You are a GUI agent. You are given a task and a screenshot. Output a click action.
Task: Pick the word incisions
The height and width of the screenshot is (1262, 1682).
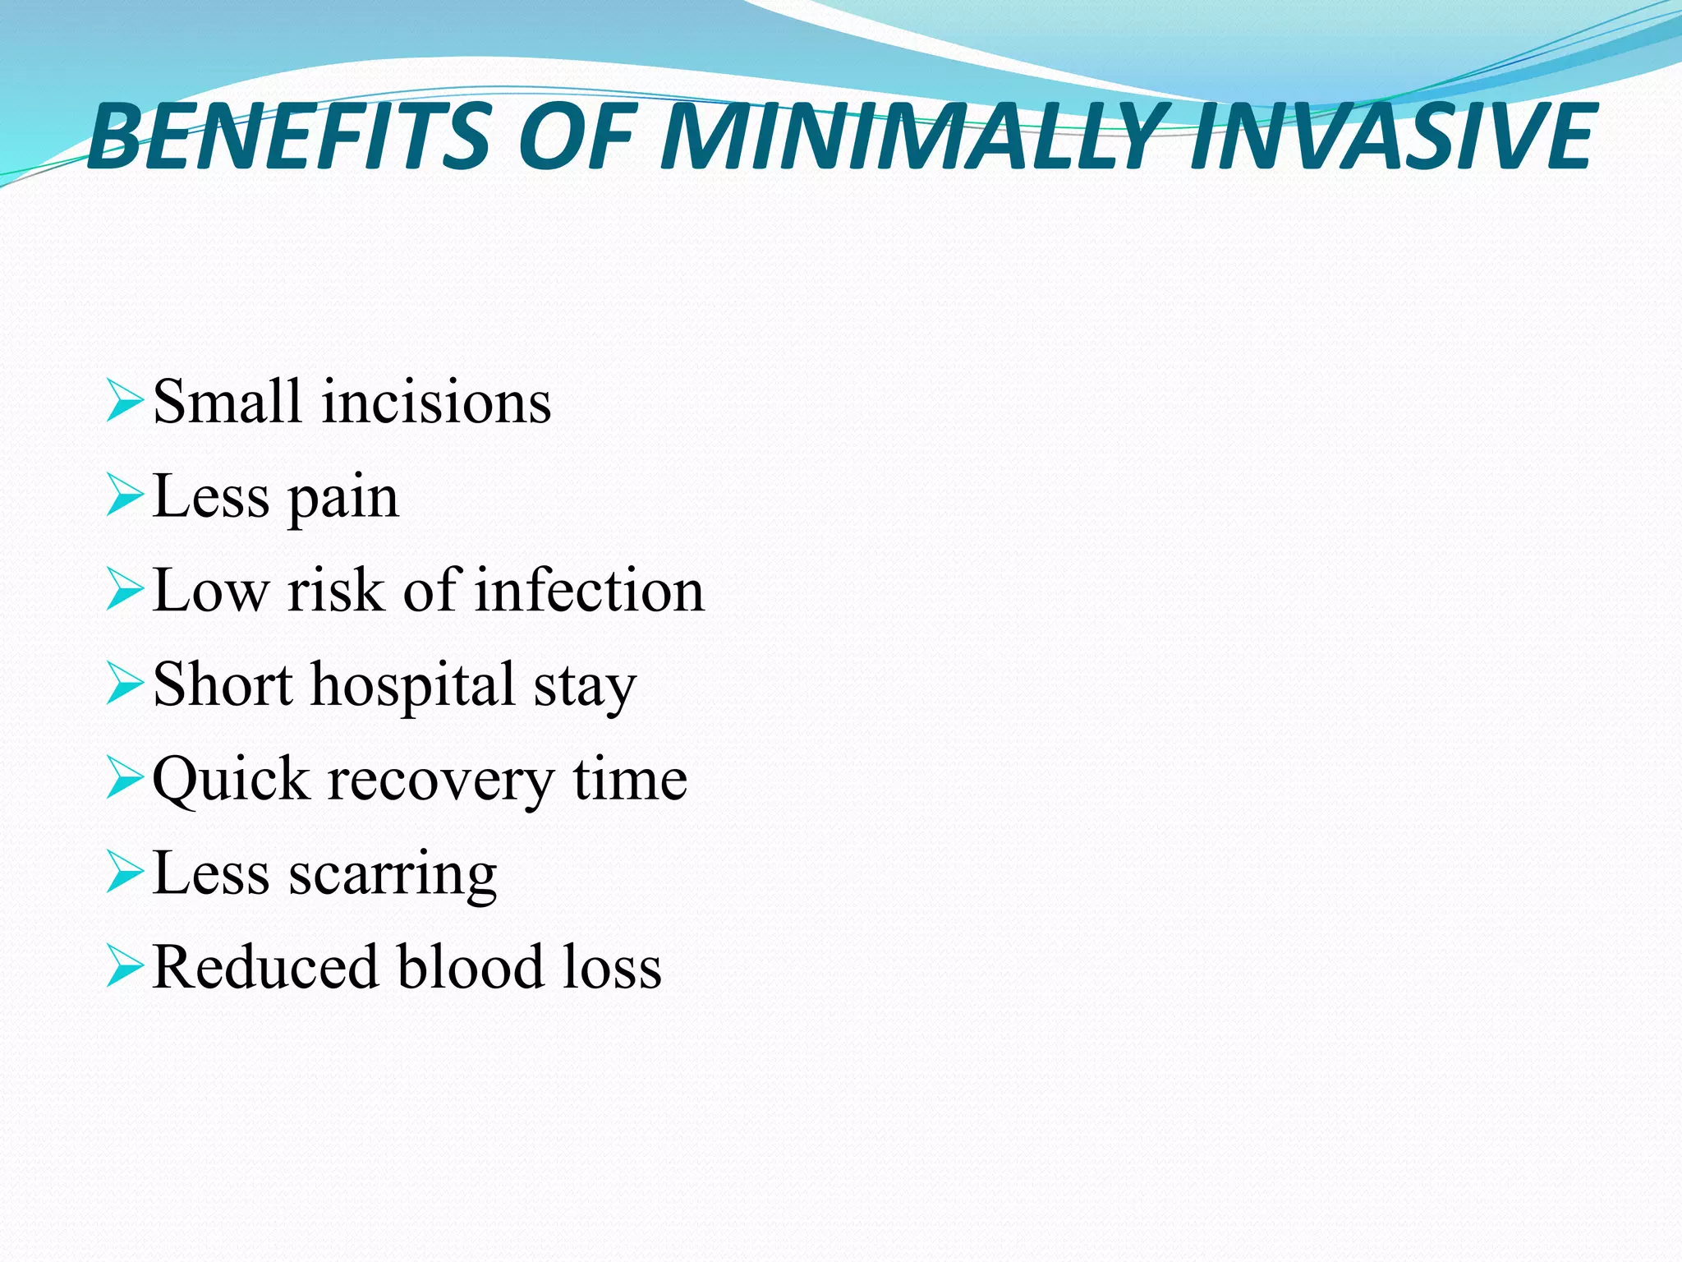(x=436, y=403)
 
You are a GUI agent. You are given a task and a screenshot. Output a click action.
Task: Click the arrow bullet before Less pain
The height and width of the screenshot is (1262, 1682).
(x=125, y=496)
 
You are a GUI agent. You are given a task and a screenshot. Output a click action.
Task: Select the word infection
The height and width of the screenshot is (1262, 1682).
(x=590, y=591)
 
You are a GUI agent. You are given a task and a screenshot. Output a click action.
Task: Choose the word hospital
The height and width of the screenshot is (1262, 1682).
(x=413, y=686)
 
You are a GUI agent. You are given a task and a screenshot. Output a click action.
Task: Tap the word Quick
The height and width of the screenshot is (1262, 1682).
(x=231, y=780)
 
